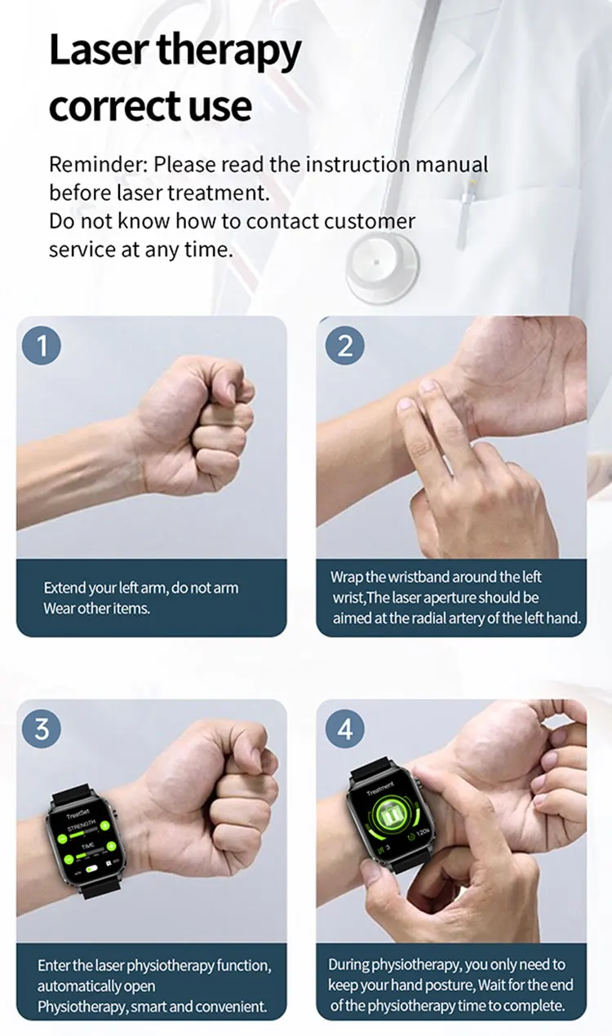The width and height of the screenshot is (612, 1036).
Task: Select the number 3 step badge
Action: pyautogui.click(x=42, y=728)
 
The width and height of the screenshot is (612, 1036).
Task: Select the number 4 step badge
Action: pyautogui.click(x=344, y=728)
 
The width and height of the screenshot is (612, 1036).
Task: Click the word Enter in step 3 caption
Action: pyautogui.click(x=55, y=965)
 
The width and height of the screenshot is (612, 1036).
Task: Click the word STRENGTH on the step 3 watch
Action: pyautogui.click(x=82, y=826)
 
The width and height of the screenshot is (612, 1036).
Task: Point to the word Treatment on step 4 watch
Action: pyautogui.click(x=380, y=790)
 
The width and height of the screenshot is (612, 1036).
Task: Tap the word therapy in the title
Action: pyautogui.click(x=228, y=52)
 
